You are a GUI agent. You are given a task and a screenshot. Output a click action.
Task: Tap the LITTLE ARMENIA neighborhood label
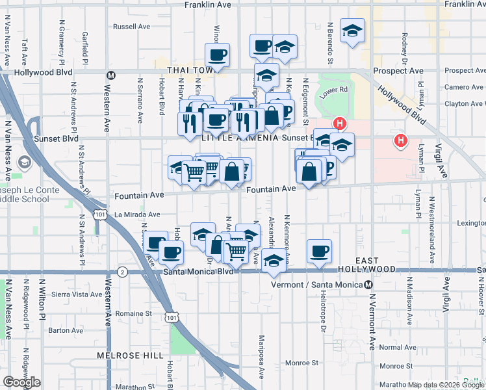pos(240,138)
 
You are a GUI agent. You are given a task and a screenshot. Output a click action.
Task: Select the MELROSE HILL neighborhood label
pos(123,356)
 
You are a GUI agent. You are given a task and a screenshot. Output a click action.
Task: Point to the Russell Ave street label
pos(131,27)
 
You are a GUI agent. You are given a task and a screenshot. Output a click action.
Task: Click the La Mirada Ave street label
pos(137,214)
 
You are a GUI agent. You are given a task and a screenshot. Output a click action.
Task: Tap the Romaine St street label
pos(133,313)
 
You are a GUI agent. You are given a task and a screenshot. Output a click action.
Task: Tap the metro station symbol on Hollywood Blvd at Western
pos(111,75)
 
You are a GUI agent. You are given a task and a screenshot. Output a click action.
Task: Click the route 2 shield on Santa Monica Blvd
pos(122,272)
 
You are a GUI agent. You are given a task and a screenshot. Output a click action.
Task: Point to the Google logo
pos(21,382)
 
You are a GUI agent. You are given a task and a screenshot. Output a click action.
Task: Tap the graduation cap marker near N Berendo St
pos(352,31)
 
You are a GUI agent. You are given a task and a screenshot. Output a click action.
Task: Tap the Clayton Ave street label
pos(465,103)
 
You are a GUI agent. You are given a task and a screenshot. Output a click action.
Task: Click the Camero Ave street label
pos(463,87)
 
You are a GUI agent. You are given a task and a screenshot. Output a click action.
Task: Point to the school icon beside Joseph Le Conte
pos(25,162)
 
